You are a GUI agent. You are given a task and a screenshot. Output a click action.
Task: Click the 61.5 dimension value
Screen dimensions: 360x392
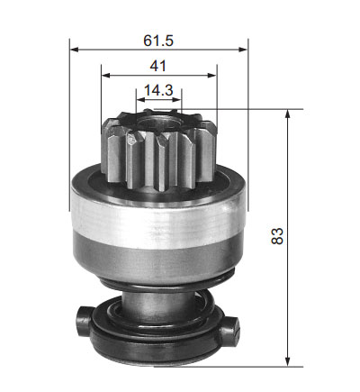click(158, 41)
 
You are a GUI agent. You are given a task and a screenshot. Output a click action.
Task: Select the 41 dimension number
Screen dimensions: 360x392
click(157, 66)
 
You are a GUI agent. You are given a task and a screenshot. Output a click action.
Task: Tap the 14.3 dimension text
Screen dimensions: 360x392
click(158, 90)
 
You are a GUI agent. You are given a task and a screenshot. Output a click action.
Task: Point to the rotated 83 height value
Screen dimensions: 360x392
click(277, 236)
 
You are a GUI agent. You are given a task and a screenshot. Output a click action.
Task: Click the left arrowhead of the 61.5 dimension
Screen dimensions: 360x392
click(74, 50)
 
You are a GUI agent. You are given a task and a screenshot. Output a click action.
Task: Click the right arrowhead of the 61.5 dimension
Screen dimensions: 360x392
click(243, 50)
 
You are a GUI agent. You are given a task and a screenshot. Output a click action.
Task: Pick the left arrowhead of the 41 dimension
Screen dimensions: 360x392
click(106, 75)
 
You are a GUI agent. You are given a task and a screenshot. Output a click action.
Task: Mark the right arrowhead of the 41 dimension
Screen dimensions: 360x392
click(211, 75)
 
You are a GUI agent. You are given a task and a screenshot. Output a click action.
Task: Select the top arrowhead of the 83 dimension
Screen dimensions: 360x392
click(287, 114)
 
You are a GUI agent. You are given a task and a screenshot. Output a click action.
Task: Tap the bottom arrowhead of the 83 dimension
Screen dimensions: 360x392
click(287, 361)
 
